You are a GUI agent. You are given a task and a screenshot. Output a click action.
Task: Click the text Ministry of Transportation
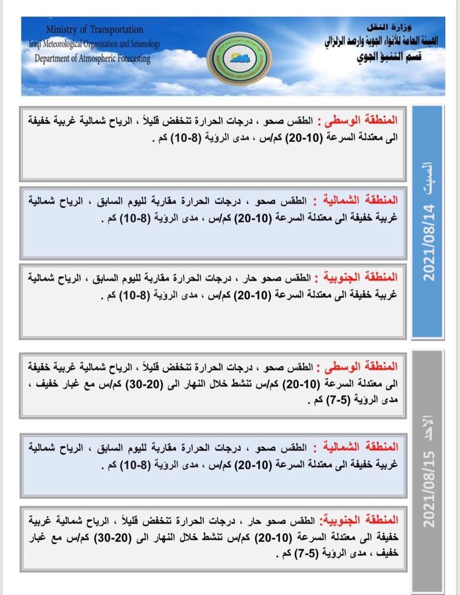click(94, 30)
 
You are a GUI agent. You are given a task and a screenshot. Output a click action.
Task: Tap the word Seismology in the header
click(143, 44)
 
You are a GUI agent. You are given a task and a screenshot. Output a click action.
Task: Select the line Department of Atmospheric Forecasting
click(92, 58)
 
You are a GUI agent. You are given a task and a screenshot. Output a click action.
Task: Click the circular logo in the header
click(239, 58)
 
